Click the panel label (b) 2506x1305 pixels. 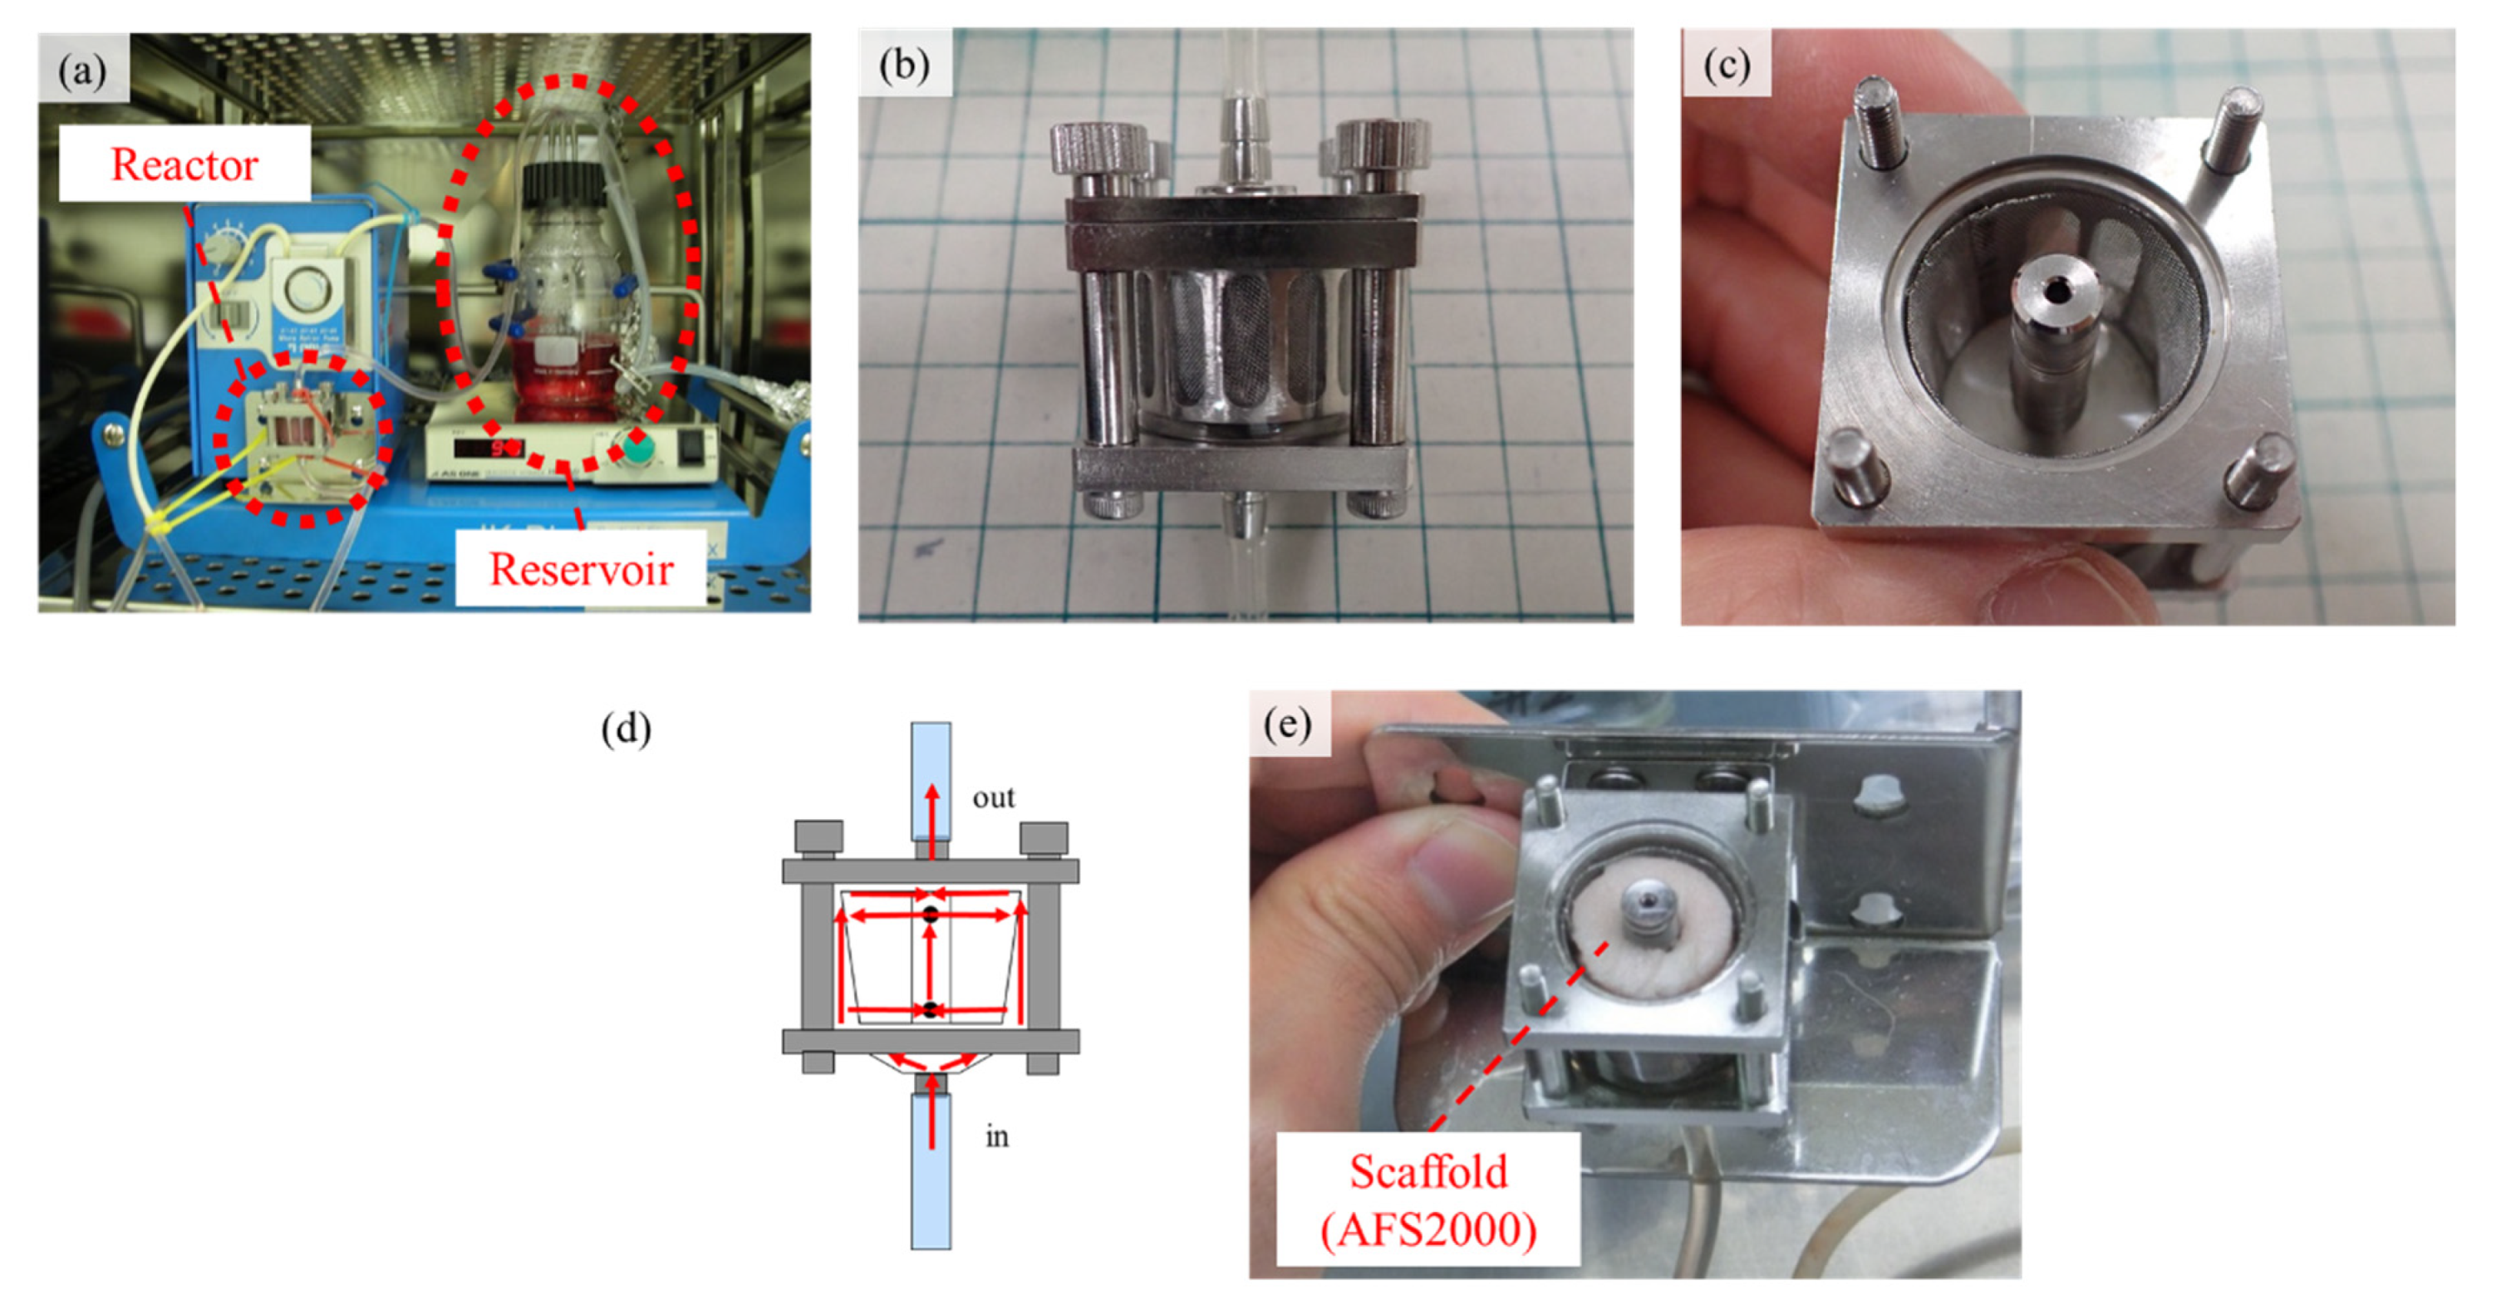pos(904,64)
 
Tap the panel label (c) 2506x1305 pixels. pos(1727,64)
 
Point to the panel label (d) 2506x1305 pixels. pos(626,729)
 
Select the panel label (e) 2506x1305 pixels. pos(1288,724)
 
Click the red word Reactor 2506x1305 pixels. pos(184,164)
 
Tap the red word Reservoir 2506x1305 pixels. pos(581,569)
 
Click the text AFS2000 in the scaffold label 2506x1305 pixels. pos(1428,1230)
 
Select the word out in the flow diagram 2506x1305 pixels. pos(993,797)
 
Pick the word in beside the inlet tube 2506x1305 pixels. pos(997,1136)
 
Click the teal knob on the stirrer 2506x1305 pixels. pos(636,449)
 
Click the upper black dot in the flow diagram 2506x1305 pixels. pos(931,914)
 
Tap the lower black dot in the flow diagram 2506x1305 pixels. pos(931,1009)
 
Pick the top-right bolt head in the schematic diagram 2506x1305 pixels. pos(1044,837)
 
